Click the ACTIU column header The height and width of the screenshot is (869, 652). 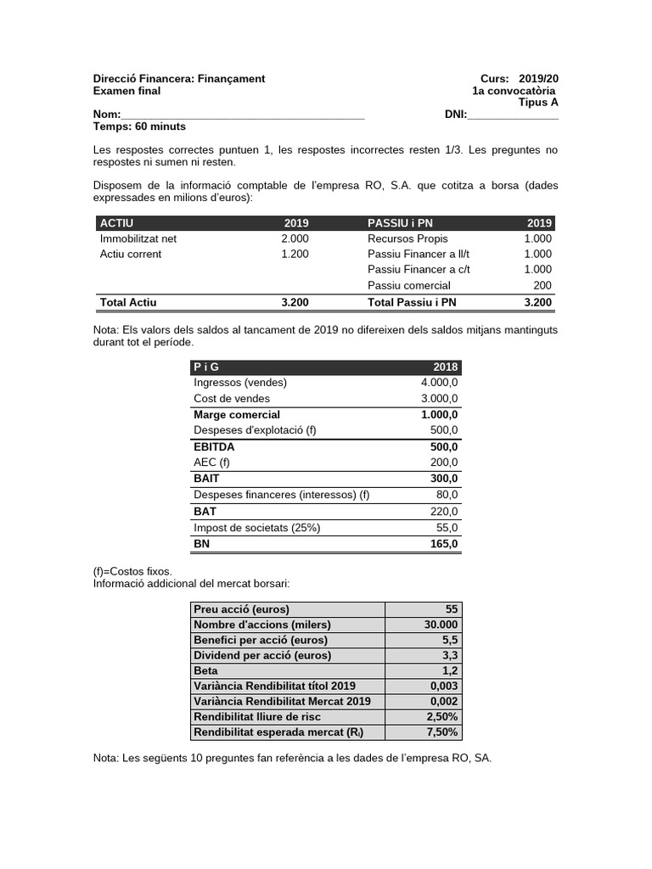tap(118, 223)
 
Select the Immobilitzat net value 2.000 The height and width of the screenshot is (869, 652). tap(295, 238)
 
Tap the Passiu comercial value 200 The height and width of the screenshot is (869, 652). tap(542, 286)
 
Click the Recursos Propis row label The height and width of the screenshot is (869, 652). tap(407, 238)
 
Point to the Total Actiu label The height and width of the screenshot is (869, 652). tap(128, 302)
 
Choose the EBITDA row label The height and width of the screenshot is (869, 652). tap(214, 446)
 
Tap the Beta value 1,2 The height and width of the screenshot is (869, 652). tap(449, 670)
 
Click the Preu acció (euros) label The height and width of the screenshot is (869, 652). tap(241, 609)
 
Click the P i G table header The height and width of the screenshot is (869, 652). tap(205, 367)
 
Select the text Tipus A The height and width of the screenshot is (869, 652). tap(538, 103)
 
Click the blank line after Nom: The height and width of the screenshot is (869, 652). tap(243, 115)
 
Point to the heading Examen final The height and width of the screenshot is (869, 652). tap(126, 91)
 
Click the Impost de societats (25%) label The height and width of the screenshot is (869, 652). tap(256, 528)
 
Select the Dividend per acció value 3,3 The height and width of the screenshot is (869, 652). tap(449, 655)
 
